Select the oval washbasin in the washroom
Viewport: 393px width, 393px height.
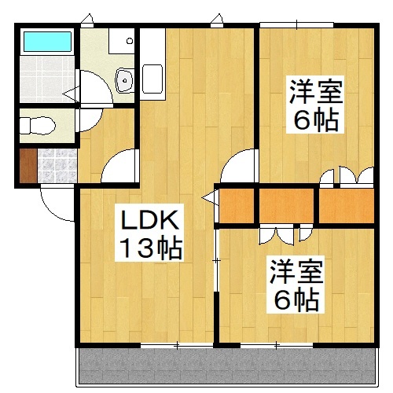pos(123,78)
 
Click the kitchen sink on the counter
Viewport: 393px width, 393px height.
pos(153,78)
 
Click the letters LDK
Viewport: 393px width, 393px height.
pos(149,220)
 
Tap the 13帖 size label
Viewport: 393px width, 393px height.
pos(149,250)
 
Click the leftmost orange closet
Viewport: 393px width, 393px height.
pos(237,205)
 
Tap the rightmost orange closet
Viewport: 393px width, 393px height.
pos(346,205)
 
